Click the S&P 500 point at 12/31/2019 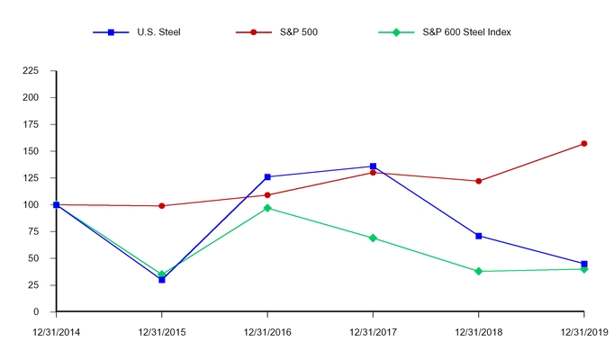pyautogui.click(x=584, y=143)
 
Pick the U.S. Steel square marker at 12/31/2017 pyautogui.click(x=373, y=166)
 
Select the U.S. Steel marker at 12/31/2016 pyautogui.click(x=267, y=177)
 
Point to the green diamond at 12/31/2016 pyautogui.click(x=267, y=208)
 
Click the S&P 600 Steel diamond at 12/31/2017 pyautogui.click(x=373, y=238)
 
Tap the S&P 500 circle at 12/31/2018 pyautogui.click(x=478, y=181)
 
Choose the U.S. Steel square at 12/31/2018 pyautogui.click(x=478, y=236)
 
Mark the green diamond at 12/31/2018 pyautogui.click(x=478, y=271)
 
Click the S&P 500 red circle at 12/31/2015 pyautogui.click(x=162, y=206)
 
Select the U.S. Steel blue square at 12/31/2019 pyautogui.click(x=584, y=264)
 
